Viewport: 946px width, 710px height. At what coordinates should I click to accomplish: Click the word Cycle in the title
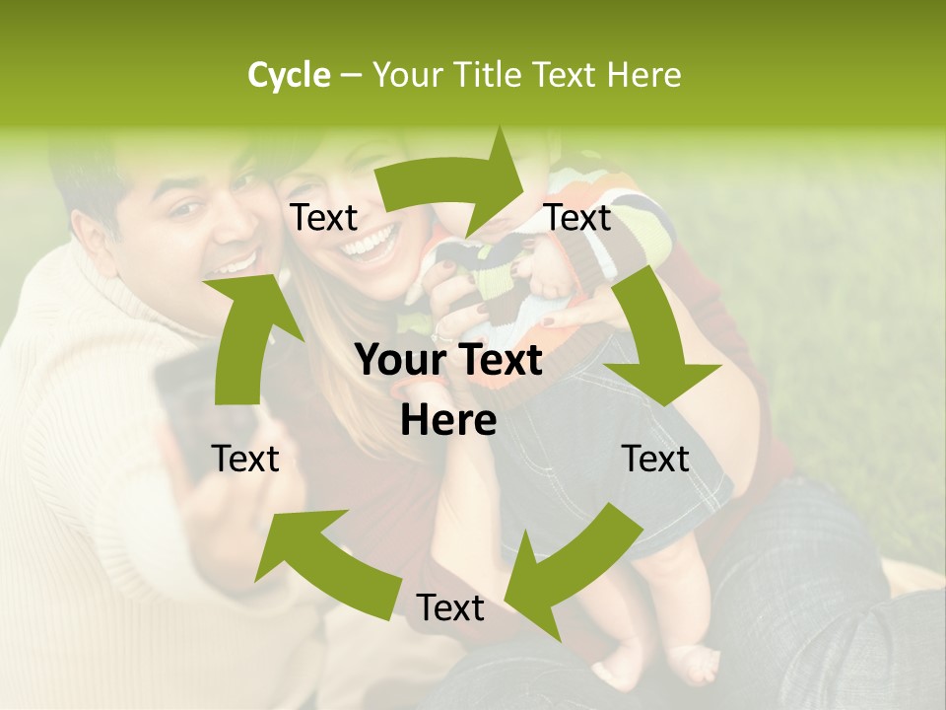tap(289, 75)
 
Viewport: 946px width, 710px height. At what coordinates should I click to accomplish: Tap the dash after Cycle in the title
tap(350, 76)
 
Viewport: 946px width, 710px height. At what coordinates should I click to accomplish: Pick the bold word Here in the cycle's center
tap(448, 421)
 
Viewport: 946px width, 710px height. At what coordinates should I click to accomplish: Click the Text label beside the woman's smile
tap(324, 218)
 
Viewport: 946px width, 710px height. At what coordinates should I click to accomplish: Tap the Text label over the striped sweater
tap(578, 218)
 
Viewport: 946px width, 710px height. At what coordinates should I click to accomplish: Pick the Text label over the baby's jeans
tap(655, 459)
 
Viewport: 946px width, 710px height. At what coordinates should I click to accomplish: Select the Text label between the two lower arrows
tap(449, 608)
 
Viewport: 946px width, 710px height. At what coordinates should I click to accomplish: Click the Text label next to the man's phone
tap(245, 459)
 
